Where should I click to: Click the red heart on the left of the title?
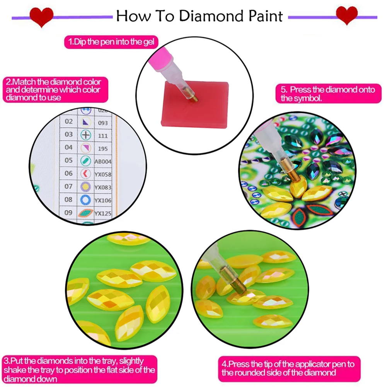click(x=41, y=17)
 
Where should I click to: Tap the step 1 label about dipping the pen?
click(x=111, y=41)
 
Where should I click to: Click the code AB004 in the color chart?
click(x=103, y=160)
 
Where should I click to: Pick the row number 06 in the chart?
click(x=68, y=173)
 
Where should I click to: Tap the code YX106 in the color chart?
click(x=103, y=199)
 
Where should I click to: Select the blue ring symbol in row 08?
click(x=85, y=199)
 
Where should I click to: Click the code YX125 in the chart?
click(x=103, y=213)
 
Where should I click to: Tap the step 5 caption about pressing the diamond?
click(x=328, y=94)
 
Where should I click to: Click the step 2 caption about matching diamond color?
click(x=53, y=90)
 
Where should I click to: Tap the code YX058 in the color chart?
click(x=103, y=174)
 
